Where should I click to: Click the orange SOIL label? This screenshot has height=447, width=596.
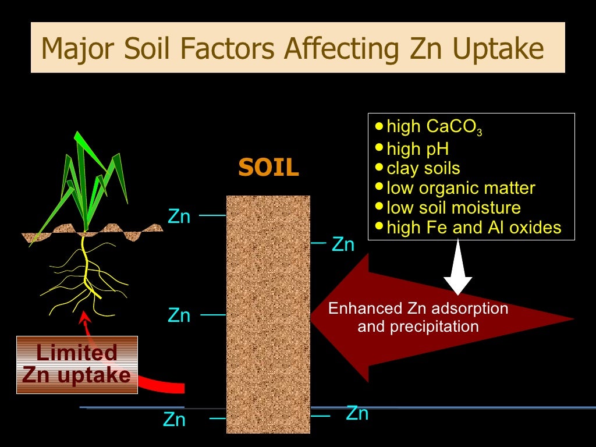pos(268,168)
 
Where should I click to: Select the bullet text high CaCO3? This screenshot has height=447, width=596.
pos(434,127)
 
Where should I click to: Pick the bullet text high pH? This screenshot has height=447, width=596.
pos(417,149)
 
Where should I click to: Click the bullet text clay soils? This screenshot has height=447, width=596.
pos(423,169)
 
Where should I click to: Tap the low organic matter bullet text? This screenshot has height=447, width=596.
pos(460,188)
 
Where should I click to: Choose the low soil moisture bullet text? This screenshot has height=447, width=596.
pos(453,207)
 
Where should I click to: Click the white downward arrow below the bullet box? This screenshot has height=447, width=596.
pos(458,268)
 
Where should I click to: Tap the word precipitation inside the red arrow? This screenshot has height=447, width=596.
pos(418,327)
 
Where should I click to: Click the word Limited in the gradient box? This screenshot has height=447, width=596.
pos(77,352)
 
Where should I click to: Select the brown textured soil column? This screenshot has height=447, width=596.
pos(268,314)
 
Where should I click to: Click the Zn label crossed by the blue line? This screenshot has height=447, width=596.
pos(357,413)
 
